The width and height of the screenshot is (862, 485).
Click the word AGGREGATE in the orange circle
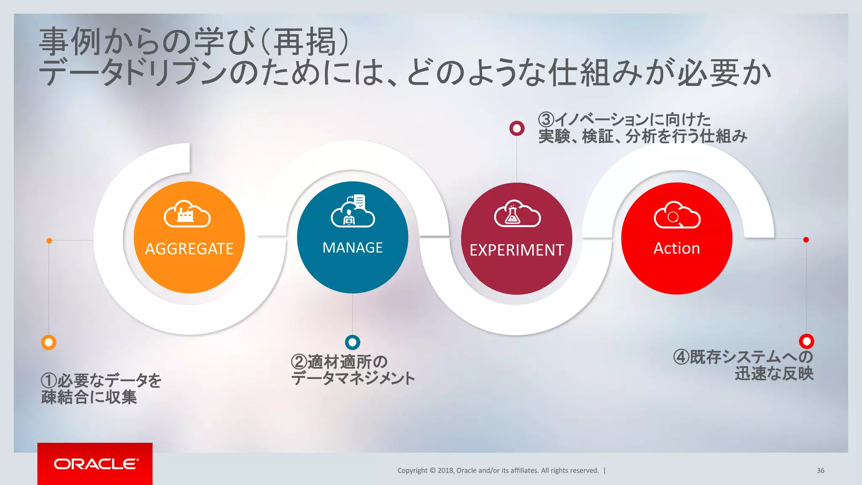pos(189,249)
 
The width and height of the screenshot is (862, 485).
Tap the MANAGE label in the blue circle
pos(352,248)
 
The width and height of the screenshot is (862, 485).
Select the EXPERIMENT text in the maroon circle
pos(516,250)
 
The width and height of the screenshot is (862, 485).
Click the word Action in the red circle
pos(676,248)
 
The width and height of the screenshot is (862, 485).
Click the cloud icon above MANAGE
pos(353,211)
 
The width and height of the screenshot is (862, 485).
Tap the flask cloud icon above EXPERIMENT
pos(517,214)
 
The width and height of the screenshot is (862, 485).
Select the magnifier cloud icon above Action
pos(677,215)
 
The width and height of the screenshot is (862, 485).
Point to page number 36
pos(820,470)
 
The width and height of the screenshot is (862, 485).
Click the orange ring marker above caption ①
pos(49,342)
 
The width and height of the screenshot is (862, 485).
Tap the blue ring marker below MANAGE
pos(352,342)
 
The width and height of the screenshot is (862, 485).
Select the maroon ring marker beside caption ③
pos(517,128)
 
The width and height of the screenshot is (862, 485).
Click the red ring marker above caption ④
pos(806,341)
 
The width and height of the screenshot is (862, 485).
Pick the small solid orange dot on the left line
pos(49,241)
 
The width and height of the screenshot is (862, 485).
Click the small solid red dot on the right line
pos(806,240)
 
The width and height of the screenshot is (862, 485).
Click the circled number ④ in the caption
pos(681,357)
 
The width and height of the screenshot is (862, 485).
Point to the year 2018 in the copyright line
pos(445,470)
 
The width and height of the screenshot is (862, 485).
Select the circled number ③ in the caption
pos(546,120)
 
